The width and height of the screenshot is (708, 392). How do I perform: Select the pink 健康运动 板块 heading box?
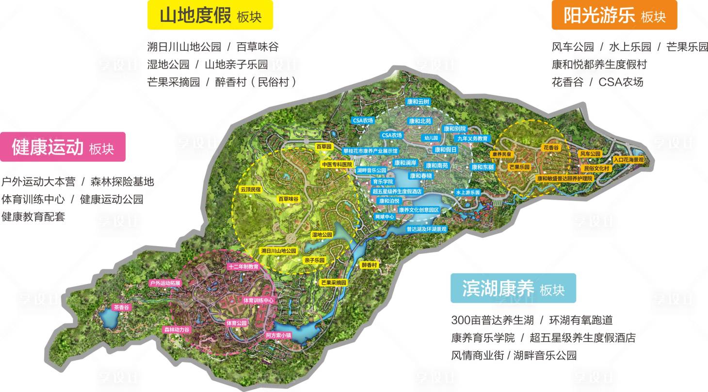63,147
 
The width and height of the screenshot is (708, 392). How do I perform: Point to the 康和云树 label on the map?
418,102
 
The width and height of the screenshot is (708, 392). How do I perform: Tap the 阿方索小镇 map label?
278,335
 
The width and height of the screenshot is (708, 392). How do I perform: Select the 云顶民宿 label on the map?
250,190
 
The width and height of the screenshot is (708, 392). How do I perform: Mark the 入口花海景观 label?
628,159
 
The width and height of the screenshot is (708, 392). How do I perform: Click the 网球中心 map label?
385,217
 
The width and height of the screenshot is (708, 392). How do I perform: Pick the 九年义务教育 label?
472,139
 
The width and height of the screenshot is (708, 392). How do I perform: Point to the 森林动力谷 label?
176,329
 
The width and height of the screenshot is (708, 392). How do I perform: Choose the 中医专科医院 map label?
337,165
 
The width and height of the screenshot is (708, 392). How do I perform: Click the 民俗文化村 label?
596,168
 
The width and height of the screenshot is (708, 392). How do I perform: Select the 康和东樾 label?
483,167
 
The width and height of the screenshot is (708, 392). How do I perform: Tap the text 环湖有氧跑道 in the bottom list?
580,320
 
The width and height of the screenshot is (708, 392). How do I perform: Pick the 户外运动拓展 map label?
165,282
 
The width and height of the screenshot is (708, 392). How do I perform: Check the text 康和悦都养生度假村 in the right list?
599,64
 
